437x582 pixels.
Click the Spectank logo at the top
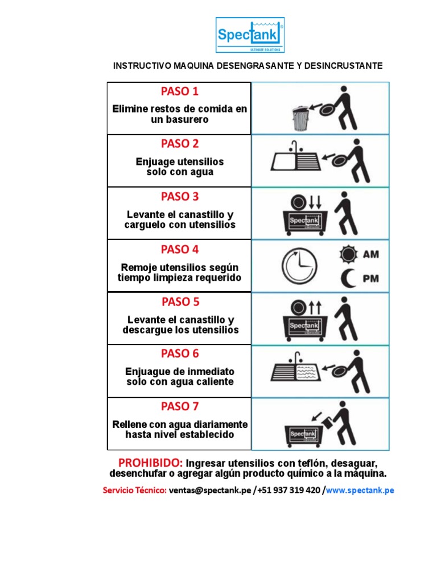click(249, 35)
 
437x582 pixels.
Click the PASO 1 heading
click(179, 92)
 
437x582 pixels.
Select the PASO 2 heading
click(179, 144)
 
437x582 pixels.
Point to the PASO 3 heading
click(179, 197)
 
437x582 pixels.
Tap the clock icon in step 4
click(299, 265)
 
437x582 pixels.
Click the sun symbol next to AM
click(348, 254)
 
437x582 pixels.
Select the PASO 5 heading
click(179, 302)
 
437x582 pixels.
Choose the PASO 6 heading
click(179, 354)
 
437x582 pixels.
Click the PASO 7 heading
click(179, 406)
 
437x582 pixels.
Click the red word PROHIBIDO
click(150, 462)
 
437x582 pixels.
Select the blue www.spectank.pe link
click(360, 490)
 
